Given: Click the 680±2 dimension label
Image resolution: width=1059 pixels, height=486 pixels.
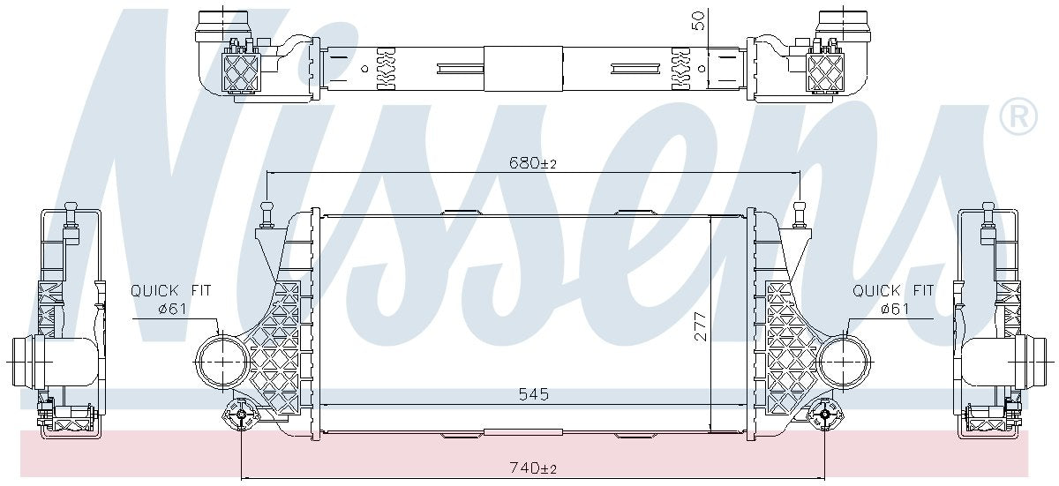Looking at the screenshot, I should point(533,162).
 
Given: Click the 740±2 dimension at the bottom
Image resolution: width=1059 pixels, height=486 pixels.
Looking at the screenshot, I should point(533,467).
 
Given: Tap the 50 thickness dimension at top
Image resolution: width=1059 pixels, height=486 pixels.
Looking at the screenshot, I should point(699,20).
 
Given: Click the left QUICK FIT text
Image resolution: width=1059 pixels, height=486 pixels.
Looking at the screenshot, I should point(170,290).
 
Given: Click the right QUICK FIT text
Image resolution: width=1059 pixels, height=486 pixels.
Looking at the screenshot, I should point(892,290).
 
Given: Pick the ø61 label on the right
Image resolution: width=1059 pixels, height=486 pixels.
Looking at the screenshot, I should point(894,308).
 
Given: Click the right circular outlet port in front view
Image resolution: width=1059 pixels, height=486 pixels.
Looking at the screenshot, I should point(844,363).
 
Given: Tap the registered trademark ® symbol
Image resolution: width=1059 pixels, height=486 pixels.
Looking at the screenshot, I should point(1018,116).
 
